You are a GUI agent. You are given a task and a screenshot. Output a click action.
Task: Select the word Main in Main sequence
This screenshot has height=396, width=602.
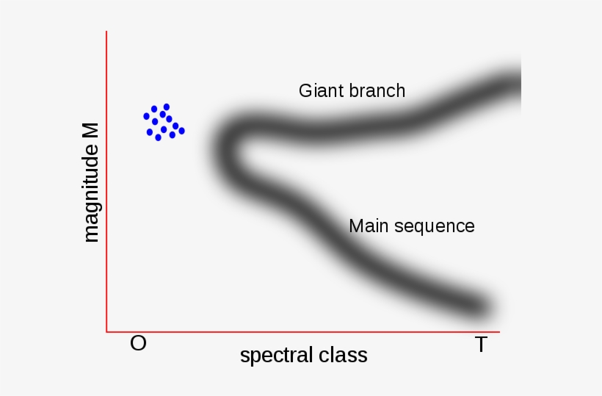[x=367, y=226]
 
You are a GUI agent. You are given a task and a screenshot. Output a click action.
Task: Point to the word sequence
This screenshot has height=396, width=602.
[x=435, y=226]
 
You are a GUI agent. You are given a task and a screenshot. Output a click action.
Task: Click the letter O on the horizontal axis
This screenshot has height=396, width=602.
[x=138, y=343]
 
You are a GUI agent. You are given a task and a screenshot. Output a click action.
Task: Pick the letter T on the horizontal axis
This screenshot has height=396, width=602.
[x=481, y=345]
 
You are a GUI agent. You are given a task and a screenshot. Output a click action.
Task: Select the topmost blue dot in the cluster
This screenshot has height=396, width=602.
[x=167, y=107]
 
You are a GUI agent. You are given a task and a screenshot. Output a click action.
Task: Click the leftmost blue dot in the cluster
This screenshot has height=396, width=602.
[x=146, y=116]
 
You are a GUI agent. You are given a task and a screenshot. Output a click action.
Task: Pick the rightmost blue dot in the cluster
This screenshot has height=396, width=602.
[x=181, y=131]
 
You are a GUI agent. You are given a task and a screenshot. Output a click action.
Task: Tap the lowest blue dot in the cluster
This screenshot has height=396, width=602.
[x=158, y=137]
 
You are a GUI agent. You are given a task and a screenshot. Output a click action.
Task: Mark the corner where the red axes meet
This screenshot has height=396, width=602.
[x=106, y=331]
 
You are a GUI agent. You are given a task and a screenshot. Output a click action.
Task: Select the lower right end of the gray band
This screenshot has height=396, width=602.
[x=481, y=305]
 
